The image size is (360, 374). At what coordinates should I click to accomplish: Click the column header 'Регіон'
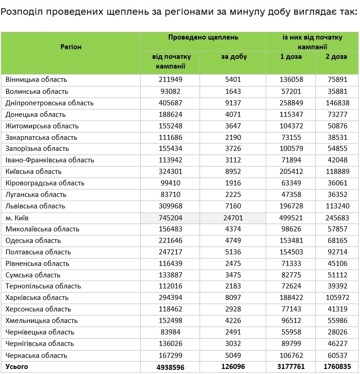[71, 47]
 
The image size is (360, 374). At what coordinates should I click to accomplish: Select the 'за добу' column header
[234, 57]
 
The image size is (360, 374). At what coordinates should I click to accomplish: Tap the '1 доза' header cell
[291, 57]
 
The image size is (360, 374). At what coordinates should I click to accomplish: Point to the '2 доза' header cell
[337, 57]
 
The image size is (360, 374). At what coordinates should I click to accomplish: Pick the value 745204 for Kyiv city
[170, 218]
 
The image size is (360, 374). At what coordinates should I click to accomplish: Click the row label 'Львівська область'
[35, 206]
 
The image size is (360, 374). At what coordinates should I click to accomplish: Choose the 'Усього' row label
[17, 367]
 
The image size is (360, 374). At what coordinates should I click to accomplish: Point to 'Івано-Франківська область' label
[50, 160]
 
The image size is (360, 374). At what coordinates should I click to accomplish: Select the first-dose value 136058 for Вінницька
[291, 80]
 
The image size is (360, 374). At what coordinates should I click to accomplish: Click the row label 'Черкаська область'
[36, 355]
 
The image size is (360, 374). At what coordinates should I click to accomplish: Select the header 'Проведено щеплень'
[203, 37]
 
